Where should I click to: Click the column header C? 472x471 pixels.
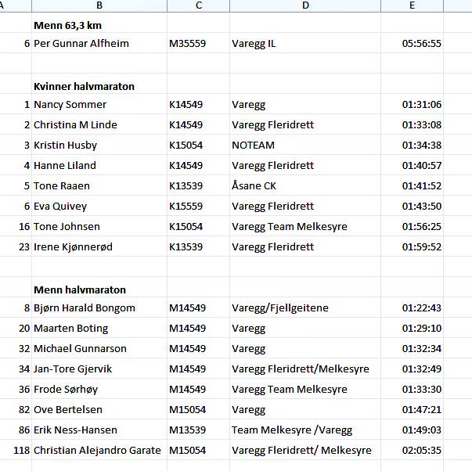(198, 5)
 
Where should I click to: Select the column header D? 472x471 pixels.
(305, 5)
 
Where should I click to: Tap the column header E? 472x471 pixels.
(412, 5)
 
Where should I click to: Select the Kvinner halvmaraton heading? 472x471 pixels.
(84, 86)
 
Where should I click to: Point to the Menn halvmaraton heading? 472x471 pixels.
(79, 289)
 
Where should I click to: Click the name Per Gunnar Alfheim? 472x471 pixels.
(81, 44)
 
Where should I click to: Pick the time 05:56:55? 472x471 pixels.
(421, 44)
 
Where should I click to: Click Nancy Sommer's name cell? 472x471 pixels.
(70, 105)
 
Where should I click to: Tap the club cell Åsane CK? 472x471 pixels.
(254, 186)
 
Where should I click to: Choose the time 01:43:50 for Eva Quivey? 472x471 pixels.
(421, 207)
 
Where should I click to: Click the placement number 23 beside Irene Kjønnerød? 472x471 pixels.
(23, 247)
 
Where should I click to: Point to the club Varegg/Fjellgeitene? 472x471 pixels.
(280, 308)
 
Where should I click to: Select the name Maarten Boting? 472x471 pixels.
(70, 329)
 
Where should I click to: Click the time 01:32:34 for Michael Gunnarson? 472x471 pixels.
(421, 349)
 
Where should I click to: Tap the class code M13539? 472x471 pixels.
(187, 430)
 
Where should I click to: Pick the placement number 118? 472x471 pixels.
(21, 451)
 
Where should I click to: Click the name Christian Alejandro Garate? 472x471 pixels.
(97, 451)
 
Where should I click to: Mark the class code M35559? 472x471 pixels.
(187, 44)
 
